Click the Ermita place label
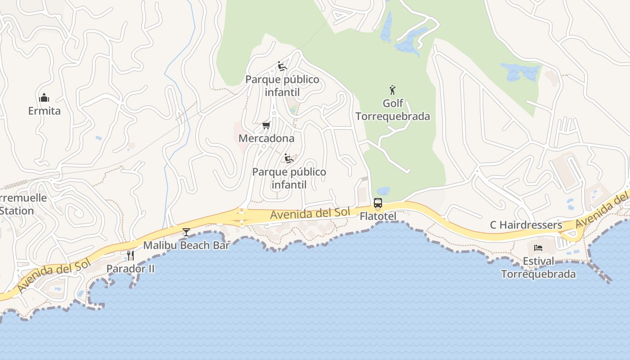(x=44, y=111)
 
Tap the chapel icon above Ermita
(x=44, y=98)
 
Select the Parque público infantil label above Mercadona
(x=282, y=86)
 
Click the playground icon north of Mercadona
(x=282, y=67)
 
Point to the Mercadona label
(x=266, y=138)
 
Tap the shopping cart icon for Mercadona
(x=266, y=125)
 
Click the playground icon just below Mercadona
(x=289, y=158)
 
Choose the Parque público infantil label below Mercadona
(x=289, y=178)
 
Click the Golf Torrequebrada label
(x=393, y=110)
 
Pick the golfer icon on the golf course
(x=393, y=90)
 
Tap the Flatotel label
(x=378, y=216)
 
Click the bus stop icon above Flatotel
(x=378, y=203)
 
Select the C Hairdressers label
(x=526, y=225)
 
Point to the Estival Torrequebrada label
(x=538, y=268)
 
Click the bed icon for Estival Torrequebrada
(x=538, y=247)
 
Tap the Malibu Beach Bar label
(x=186, y=245)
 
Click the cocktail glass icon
(x=186, y=232)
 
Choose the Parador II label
(x=130, y=269)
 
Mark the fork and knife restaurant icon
(x=130, y=256)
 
